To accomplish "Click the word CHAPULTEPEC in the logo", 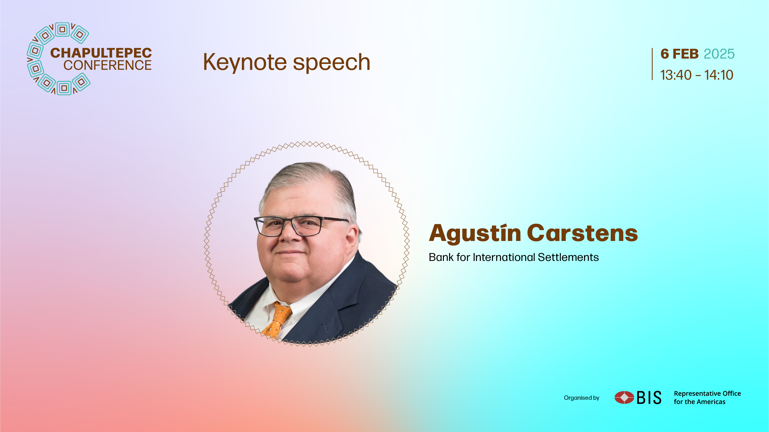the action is pos(101,53).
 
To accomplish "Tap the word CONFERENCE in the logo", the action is pos(107,65).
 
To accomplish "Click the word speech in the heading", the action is pos(331,62).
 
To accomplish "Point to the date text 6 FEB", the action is pos(679,54).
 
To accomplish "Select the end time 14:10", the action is pos(719,75).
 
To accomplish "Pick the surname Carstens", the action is pos(583,233).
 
